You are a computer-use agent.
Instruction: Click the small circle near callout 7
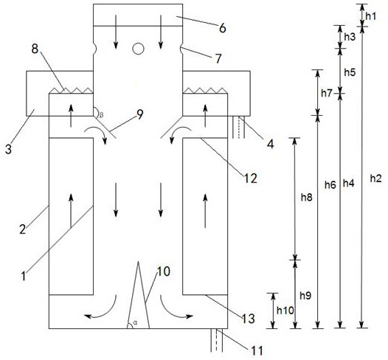click(x=138, y=49)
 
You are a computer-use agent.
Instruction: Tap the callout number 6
click(x=223, y=28)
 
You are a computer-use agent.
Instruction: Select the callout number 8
click(x=35, y=49)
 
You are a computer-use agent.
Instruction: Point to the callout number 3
click(x=8, y=150)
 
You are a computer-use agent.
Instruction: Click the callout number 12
click(x=250, y=178)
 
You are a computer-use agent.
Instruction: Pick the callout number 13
click(x=248, y=319)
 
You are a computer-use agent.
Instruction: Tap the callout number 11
click(x=257, y=350)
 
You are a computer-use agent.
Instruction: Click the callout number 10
click(x=164, y=271)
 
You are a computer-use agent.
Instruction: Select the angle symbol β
click(x=101, y=115)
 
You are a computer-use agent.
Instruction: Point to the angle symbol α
click(x=135, y=322)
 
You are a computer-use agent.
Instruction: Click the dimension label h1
click(x=371, y=16)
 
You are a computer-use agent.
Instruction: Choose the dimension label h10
click(x=285, y=311)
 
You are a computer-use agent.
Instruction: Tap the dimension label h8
click(x=307, y=198)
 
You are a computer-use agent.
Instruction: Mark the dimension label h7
click(x=327, y=93)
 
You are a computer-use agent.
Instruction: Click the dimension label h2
click(x=376, y=179)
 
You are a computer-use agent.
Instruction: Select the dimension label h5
click(x=350, y=72)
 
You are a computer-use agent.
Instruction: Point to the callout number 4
click(x=271, y=144)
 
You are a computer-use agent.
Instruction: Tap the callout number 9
click(x=140, y=114)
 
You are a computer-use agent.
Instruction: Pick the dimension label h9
click(x=305, y=296)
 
